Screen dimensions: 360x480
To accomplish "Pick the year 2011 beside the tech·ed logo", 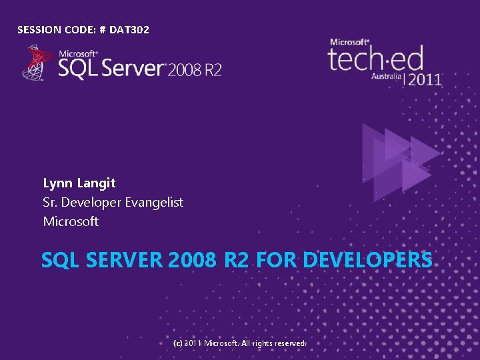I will [x=425, y=79].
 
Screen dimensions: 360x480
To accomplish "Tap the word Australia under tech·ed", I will [x=387, y=77].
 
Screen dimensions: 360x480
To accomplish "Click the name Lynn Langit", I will [x=79, y=183].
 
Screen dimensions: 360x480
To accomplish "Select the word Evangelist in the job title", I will [x=154, y=202].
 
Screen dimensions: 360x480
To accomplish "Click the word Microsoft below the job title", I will [x=71, y=221].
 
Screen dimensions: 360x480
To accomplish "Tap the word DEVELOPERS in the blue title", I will [x=367, y=260].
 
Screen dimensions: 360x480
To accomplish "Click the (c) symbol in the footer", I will [x=177, y=343].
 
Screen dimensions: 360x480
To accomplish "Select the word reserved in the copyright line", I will [x=288, y=343].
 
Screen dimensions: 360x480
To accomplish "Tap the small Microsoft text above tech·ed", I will [x=349, y=42].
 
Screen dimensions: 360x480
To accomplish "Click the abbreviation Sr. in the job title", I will [x=50, y=202].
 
